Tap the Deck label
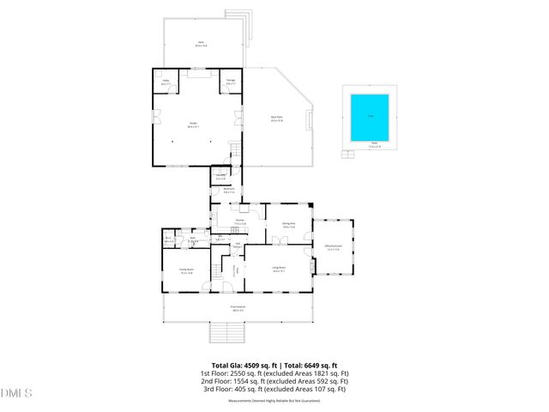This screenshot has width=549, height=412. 201,43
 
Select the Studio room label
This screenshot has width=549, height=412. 193,124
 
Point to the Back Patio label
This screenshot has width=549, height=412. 276,118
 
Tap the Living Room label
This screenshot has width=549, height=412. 279,270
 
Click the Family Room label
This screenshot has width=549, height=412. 185,270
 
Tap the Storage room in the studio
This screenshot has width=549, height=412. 231,82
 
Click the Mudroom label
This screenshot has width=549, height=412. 229,191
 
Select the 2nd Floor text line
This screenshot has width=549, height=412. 274,381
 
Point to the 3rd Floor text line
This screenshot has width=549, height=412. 274,390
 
